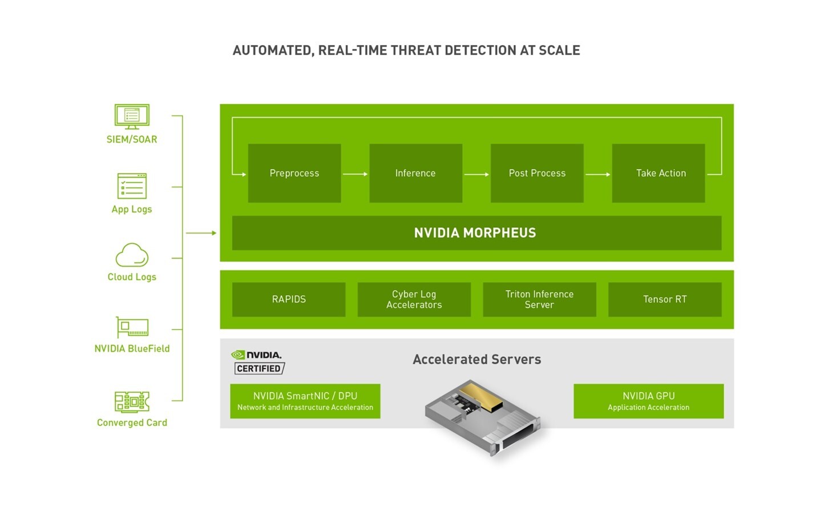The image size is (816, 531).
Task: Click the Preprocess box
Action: [294, 173]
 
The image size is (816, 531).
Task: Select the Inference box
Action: [415, 173]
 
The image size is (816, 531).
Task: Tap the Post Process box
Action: [537, 173]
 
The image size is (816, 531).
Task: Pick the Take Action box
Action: [658, 173]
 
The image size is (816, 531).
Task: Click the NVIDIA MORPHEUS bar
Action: [476, 233]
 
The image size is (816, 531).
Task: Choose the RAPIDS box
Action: [289, 299]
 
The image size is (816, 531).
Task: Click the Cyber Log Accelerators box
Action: [414, 299]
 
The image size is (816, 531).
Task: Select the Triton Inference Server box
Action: [539, 299]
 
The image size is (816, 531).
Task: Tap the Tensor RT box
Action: [665, 299]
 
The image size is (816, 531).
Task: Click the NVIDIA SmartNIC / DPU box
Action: [305, 401]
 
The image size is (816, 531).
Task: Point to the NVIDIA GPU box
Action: [648, 401]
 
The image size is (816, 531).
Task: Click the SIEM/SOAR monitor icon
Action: [132, 116]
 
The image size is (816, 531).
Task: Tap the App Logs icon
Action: [132, 186]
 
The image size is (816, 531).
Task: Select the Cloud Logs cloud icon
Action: [132, 255]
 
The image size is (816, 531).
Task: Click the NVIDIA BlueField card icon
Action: [132, 328]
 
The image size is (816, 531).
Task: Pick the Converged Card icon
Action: [132, 401]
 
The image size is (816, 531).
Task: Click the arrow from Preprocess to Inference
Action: [355, 174]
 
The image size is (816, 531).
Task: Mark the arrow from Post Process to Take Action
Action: [597, 174]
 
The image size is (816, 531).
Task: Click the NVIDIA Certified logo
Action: [258, 363]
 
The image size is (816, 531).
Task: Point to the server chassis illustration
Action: [482, 417]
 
